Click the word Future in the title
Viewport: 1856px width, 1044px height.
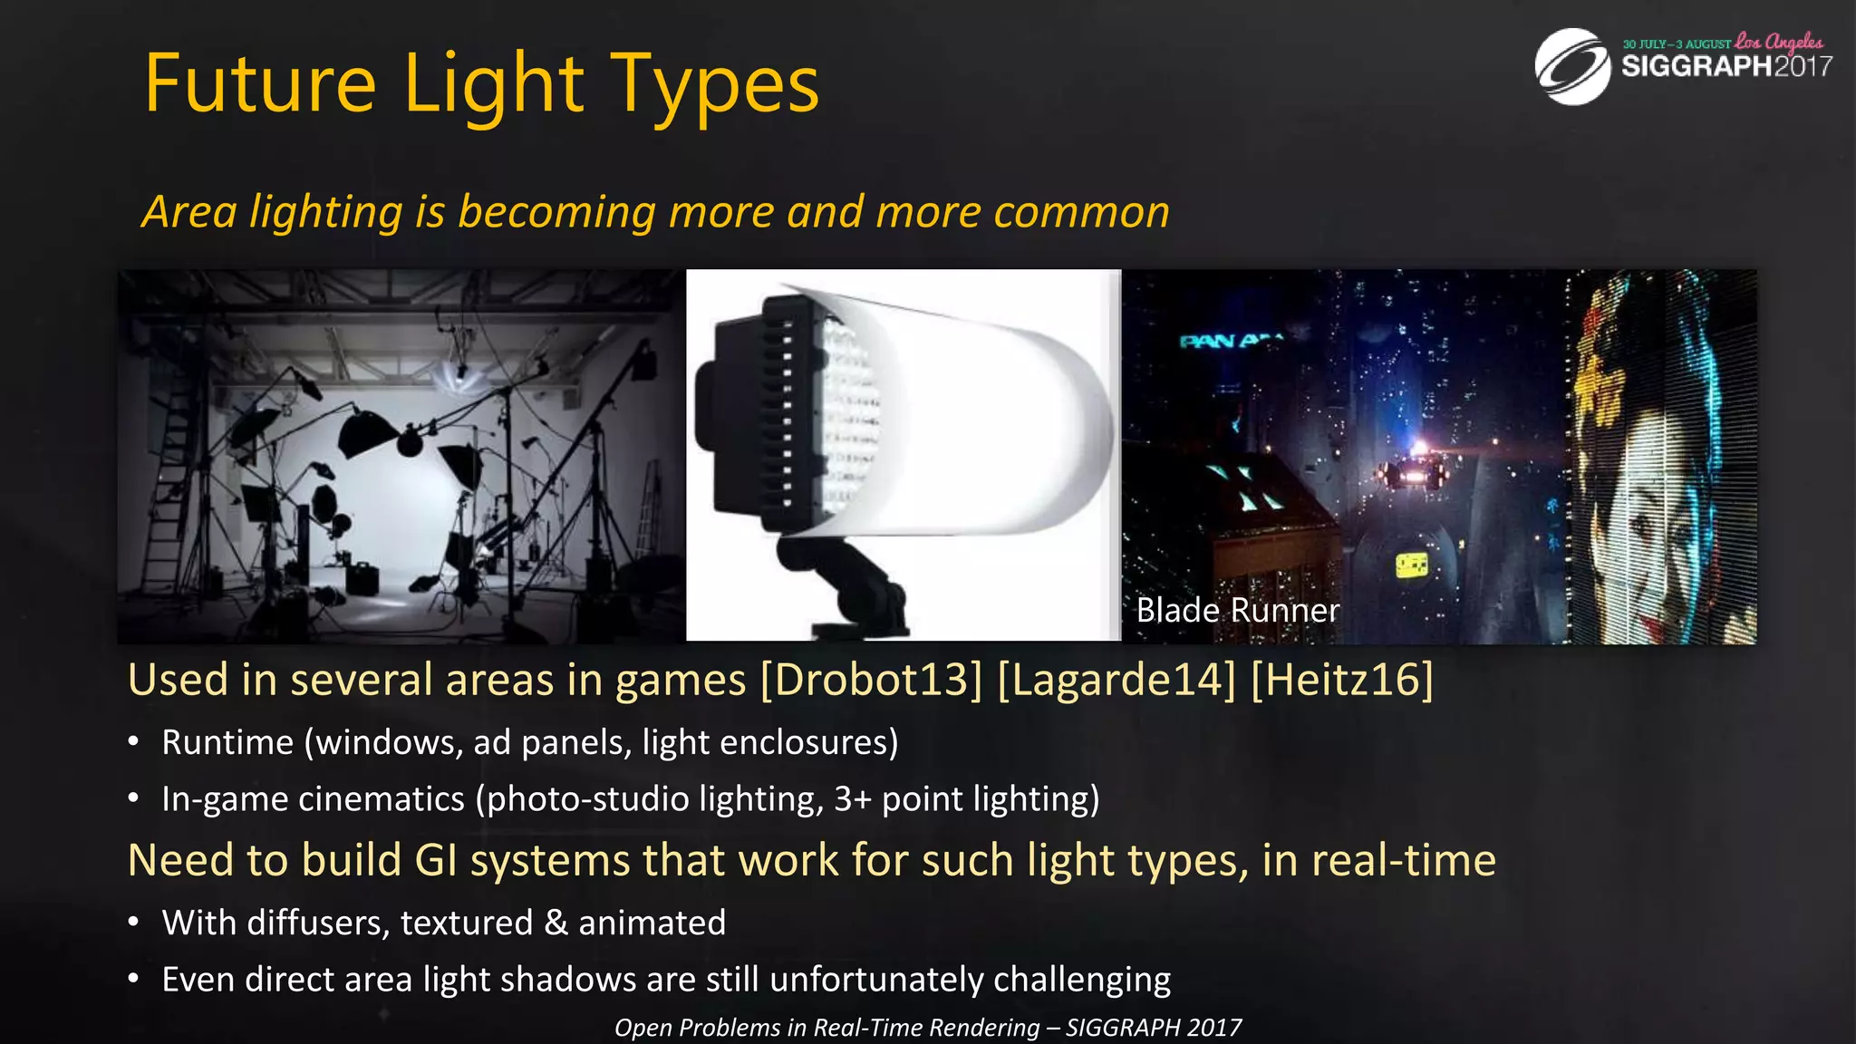click(x=260, y=83)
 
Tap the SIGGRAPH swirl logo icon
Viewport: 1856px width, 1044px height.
click(x=1572, y=66)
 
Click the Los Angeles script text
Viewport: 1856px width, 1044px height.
click(x=1778, y=42)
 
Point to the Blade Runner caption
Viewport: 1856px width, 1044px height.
click(x=1237, y=610)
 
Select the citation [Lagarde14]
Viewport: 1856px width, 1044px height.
click(x=1116, y=680)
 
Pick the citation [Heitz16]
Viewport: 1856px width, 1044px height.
click(x=1341, y=680)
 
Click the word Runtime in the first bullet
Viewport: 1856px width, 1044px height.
click(x=227, y=742)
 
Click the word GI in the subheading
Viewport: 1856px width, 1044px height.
click(x=435, y=859)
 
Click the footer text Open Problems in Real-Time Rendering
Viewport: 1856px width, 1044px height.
click(x=826, y=1028)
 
